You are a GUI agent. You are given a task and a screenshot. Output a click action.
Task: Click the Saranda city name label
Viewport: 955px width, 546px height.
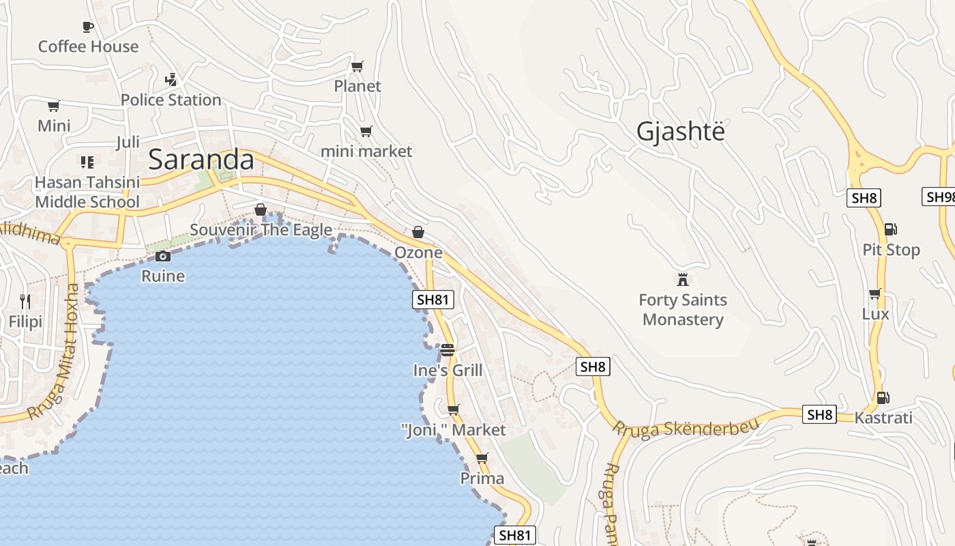tap(201, 160)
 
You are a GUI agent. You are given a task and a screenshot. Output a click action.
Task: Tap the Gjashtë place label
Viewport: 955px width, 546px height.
tap(680, 131)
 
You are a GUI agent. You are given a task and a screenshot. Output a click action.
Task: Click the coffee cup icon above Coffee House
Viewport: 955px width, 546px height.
tap(88, 27)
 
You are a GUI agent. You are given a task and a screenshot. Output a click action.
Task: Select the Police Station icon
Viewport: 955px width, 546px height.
tap(171, 79)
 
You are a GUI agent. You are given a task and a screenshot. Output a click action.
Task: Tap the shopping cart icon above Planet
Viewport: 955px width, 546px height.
tap(357, 66)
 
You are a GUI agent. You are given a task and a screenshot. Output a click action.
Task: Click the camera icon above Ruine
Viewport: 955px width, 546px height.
tap(163, 256)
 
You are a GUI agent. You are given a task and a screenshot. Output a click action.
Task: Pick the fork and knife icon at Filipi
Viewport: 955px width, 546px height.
tap(25, 301)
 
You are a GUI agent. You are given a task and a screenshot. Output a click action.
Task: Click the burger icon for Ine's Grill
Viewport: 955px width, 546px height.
tap(447, 350)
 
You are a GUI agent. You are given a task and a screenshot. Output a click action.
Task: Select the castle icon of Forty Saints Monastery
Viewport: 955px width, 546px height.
tap(682, 279)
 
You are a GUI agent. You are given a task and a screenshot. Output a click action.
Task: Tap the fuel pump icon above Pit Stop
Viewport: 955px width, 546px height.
tap(890, 229)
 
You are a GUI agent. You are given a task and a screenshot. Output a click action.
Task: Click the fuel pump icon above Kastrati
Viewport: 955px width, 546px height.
tap(883, 397)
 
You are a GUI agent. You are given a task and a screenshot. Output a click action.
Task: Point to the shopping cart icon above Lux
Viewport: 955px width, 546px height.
tap(875, 294)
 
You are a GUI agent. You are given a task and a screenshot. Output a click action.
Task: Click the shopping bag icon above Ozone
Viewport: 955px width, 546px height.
tap(418, 232)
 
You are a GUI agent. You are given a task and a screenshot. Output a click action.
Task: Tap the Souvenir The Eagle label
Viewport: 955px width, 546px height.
tap(261, 230)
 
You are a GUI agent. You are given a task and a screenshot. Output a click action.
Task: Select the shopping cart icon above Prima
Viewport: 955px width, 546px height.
tap(482, 459)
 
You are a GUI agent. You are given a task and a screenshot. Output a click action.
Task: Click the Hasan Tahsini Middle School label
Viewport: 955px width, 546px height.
tap(87, 192)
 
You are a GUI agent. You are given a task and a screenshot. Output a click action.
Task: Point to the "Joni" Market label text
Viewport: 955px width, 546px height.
tap(453, 430)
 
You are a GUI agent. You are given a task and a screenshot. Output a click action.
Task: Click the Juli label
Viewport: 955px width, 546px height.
tap(128, 143)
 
